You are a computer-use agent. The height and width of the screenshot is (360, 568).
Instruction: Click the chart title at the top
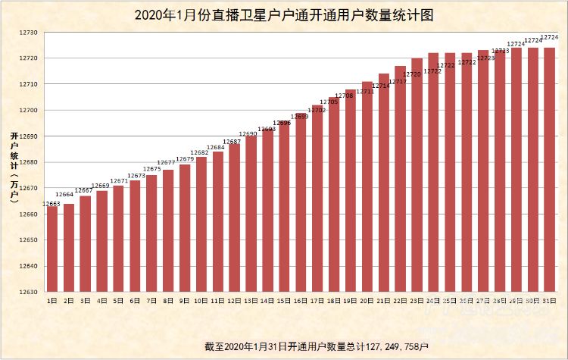(284, 15)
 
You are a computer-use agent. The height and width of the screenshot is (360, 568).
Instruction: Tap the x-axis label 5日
(118, 301)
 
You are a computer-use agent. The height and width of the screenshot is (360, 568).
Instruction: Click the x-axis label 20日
(367, 301)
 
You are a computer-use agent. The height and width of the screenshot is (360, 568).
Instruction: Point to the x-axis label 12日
(234, 301)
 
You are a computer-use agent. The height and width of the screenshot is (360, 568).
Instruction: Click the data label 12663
(51, 204)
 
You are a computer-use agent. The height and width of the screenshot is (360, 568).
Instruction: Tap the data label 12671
(119, 181)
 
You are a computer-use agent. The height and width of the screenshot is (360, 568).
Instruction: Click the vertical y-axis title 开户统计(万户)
(14, 167)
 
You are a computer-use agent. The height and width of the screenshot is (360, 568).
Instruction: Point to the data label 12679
(185, 159)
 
